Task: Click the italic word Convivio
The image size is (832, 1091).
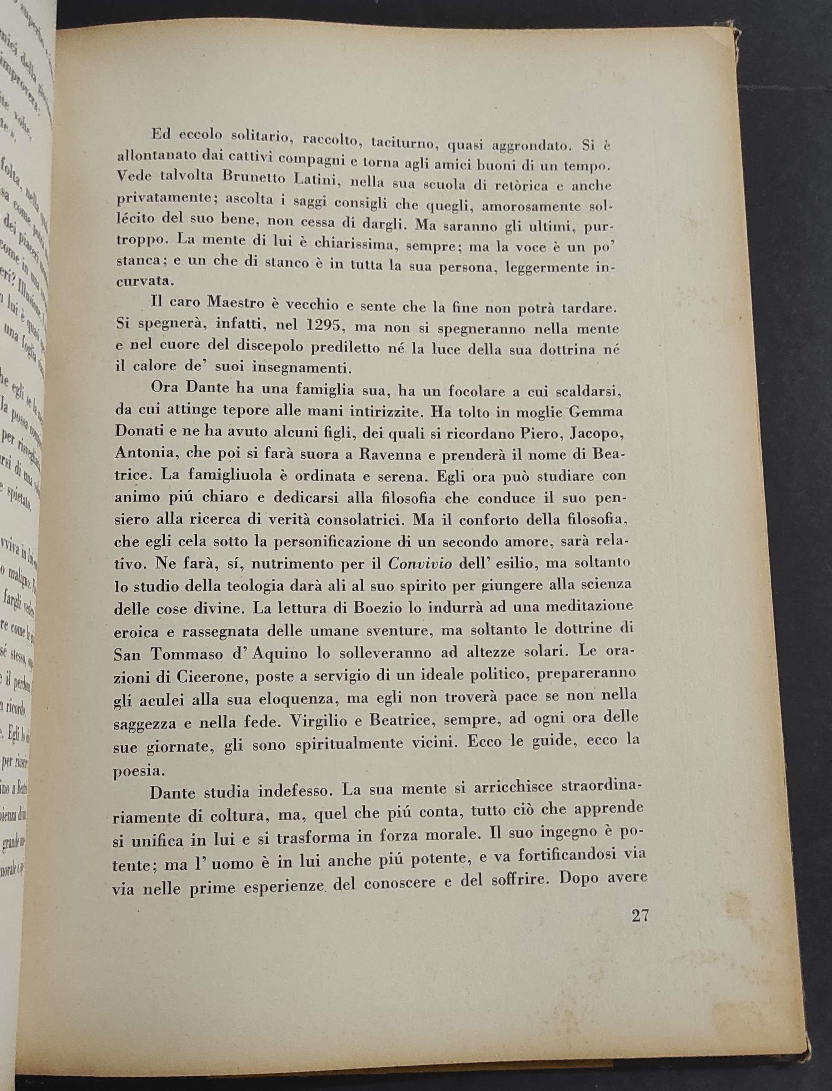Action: [x=420, y=564]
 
